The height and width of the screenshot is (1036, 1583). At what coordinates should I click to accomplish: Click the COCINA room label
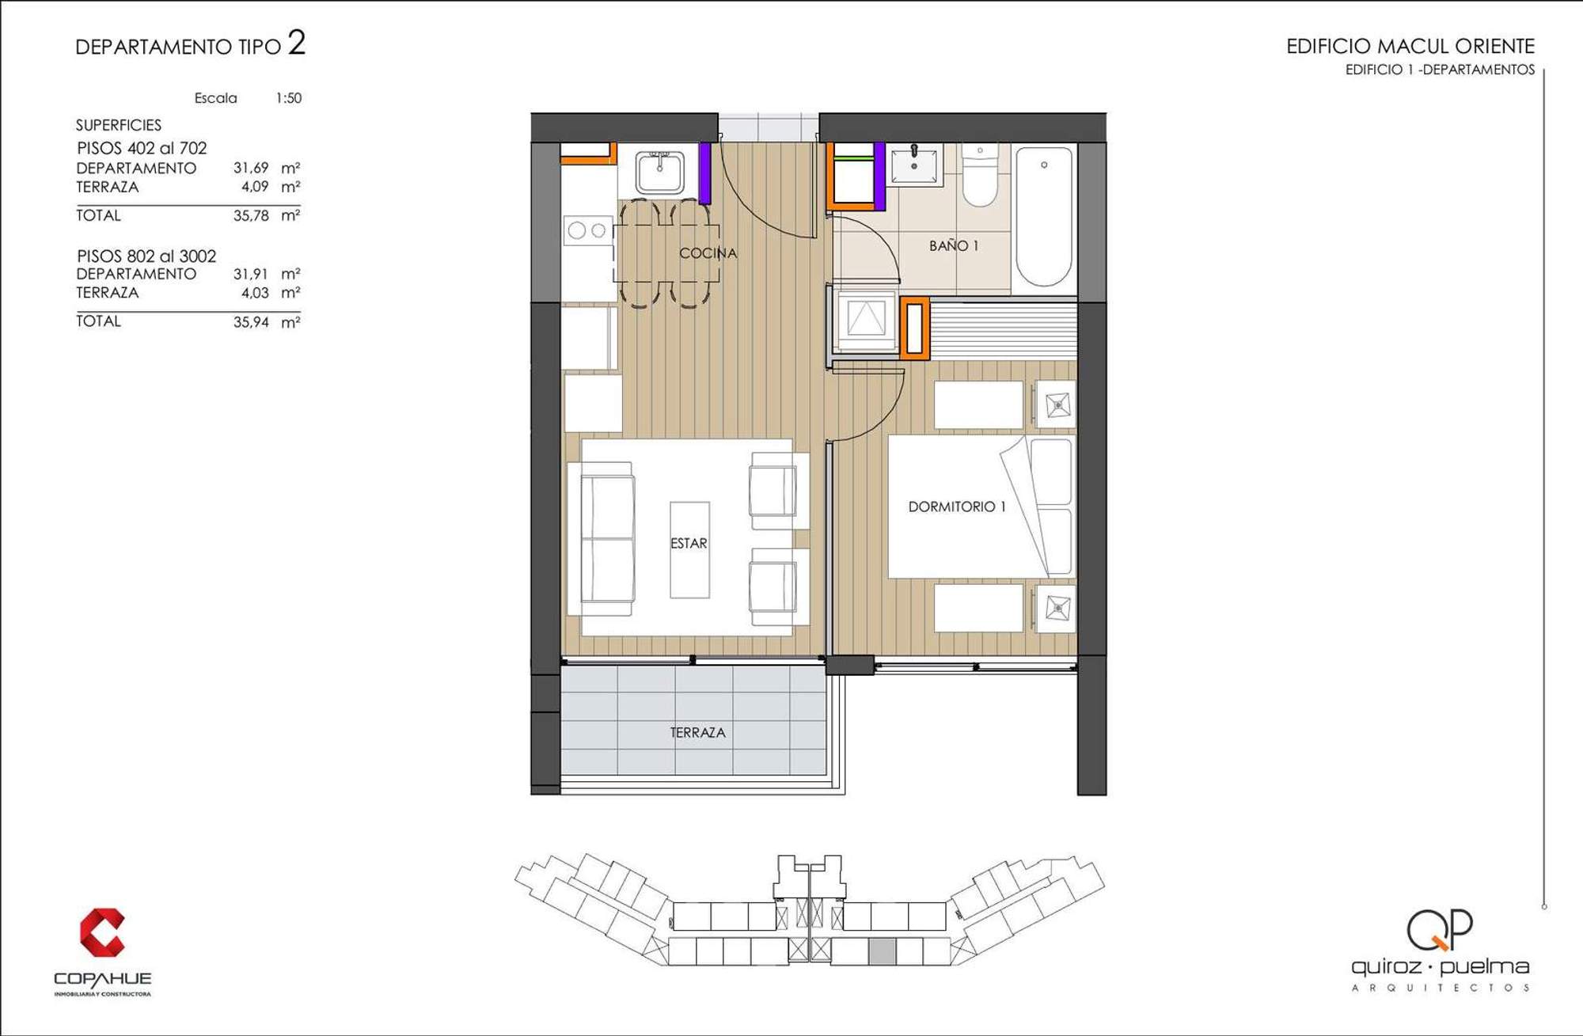(708, 253)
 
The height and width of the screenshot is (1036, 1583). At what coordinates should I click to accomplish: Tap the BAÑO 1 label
(954, 246)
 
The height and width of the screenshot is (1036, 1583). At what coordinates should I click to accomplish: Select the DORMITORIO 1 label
(957, 507)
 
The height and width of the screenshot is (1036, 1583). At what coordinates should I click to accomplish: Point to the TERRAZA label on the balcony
(697, 733)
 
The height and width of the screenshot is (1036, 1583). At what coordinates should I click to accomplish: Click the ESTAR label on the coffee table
(689, 544)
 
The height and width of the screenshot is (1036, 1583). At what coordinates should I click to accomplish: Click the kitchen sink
(660, 172)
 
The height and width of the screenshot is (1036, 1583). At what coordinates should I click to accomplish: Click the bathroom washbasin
(914, 165)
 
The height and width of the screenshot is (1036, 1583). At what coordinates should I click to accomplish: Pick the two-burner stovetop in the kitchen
(587, 230)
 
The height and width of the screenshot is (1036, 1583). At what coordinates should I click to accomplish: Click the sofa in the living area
(602, 540)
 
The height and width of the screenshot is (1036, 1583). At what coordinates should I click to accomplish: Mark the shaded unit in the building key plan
(883, 951)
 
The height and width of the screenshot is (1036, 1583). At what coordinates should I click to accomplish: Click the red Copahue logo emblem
(102, 932)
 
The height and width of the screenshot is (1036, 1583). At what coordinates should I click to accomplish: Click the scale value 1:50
(289, 98)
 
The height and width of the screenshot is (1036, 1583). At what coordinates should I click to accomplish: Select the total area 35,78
(251, 215)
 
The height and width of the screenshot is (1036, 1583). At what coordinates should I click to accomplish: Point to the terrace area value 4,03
(255, 293)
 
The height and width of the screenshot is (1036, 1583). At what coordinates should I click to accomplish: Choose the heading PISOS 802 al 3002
(146, 256)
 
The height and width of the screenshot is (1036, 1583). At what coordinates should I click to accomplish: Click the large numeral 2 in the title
(297, 43)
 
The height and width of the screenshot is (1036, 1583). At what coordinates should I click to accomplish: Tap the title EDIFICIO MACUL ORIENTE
(1410, 47)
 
